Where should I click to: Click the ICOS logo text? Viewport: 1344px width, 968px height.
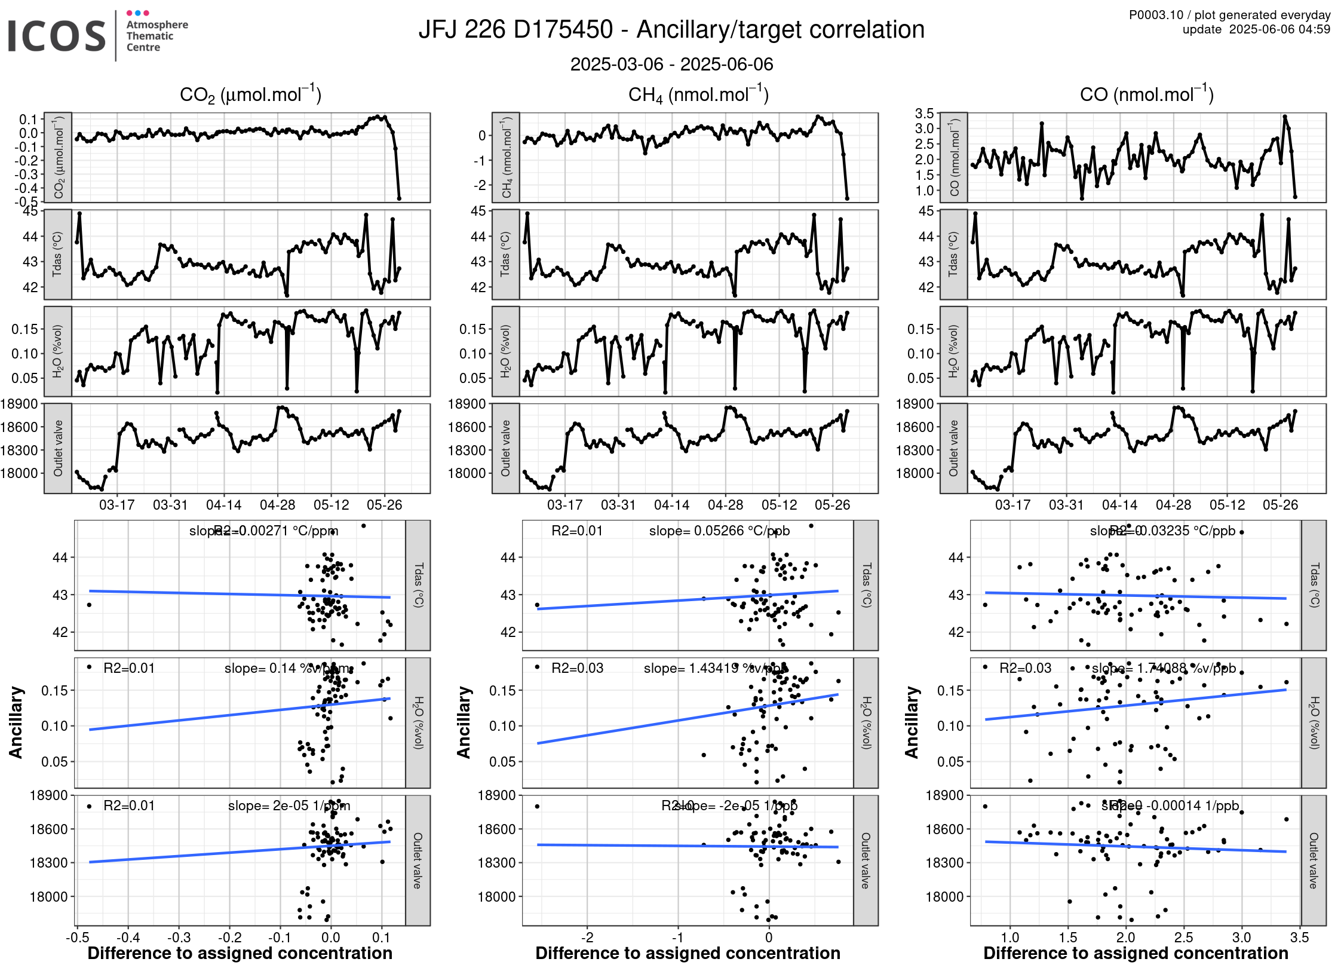pos(57,36)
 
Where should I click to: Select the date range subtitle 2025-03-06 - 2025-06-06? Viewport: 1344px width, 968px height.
pos(671,65)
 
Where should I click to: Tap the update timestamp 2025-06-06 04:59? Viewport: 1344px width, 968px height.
pos(1279,29)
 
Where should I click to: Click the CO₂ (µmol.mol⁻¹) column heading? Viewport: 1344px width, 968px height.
pos(250,95)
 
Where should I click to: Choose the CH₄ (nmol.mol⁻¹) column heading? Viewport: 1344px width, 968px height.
pos(698,95)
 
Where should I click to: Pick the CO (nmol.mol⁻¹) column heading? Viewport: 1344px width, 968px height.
pos(1146,95)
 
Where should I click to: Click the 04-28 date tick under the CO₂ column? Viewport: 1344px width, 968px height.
pos(277,505)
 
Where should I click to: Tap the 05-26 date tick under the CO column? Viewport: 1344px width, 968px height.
pos(1280,505)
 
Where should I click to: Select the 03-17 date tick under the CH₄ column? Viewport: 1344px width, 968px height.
pos(564,505)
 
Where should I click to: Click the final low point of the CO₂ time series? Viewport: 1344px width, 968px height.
pos(399,198)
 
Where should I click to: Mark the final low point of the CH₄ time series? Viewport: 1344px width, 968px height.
pos(847,198)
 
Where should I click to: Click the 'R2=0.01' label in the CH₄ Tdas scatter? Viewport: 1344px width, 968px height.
pos(577,531)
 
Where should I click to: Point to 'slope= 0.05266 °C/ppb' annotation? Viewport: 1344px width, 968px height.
pos(719,531)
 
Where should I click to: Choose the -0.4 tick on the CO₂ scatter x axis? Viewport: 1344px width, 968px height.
pos(128,937)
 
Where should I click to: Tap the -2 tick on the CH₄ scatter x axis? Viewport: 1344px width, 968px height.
pos(587,937)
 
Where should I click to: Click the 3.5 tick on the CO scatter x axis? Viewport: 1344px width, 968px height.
pos(1299,937)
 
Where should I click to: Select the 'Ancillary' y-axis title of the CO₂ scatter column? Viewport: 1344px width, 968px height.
pos(16,722)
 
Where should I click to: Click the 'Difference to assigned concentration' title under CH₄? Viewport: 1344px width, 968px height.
pos(688,954)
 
